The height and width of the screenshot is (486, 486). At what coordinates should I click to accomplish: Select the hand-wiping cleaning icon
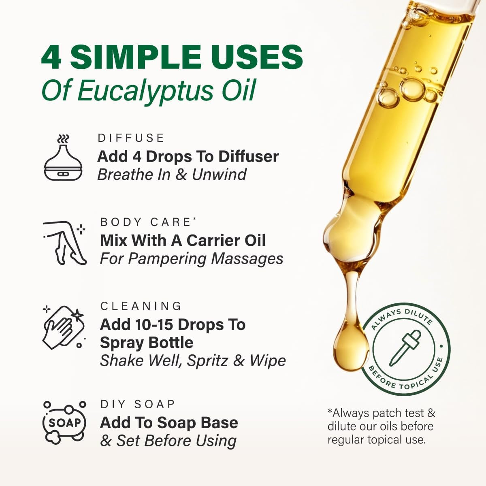64,327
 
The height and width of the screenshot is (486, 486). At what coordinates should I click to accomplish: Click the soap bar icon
65,422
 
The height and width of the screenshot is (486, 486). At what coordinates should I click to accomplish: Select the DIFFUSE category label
131,138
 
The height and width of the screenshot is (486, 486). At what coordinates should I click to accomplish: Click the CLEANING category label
141,306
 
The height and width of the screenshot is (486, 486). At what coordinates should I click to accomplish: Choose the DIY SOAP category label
138,404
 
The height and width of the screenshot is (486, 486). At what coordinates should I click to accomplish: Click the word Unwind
219,175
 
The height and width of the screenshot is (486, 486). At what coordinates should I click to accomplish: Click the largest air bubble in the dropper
412,88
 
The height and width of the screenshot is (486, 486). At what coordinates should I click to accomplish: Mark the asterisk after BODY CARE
194,219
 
